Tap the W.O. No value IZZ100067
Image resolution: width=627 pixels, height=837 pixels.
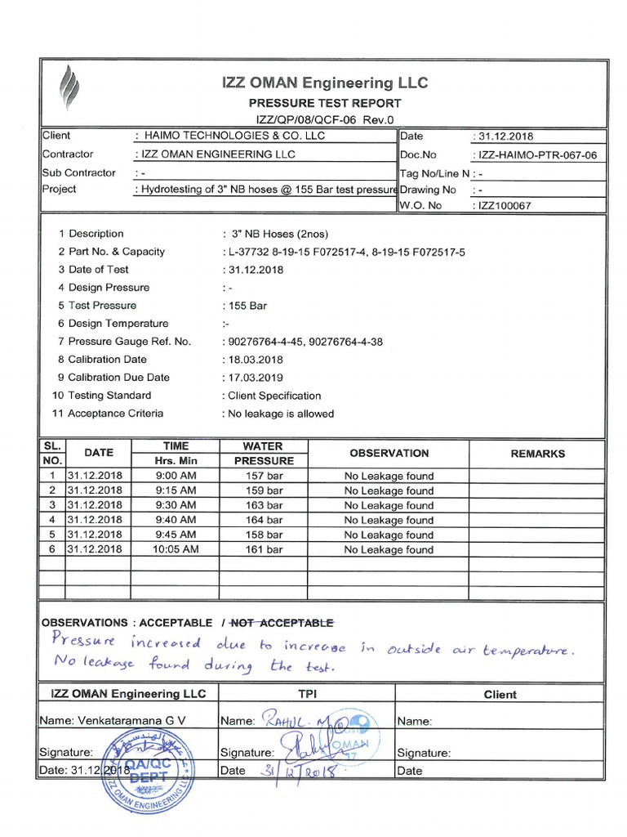pyautogui.click(x=502, y=206)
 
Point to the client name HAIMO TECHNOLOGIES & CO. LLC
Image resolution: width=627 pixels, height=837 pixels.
pyautogui.click(x=233, y=136)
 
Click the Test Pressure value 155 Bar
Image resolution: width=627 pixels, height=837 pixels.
pyautogui.click(x=245, y=306)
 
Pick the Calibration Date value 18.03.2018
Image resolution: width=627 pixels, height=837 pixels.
pyautogui.click(x=253, y=360)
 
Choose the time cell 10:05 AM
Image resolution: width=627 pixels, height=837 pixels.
pyautogui.click(x=176, y=549)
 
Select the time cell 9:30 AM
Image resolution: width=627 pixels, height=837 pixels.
pyautogui.click(x=176, y=505)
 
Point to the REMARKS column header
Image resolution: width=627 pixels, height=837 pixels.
pyautogui.click(x=537, y=454)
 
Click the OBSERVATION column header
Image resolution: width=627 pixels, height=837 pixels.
pyautogui.click(x=389, y=453)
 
